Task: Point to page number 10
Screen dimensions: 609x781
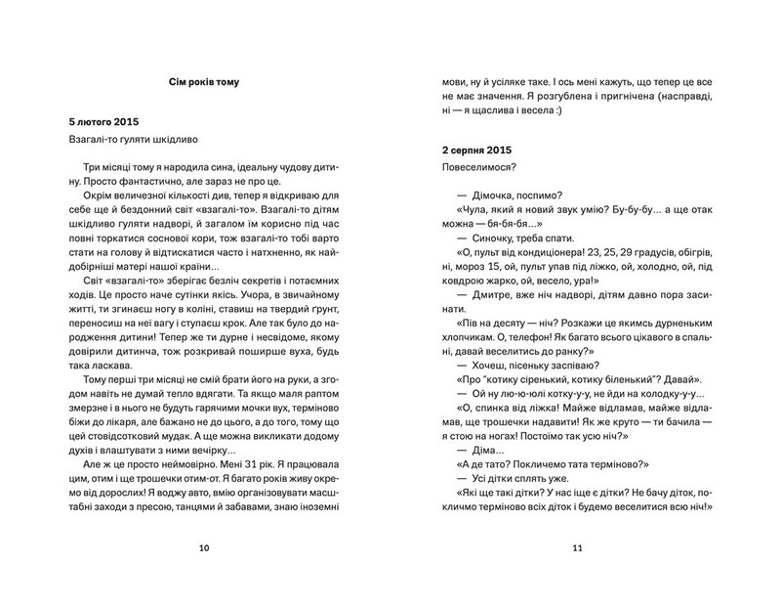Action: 203,547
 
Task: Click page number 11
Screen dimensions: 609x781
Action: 578,547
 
